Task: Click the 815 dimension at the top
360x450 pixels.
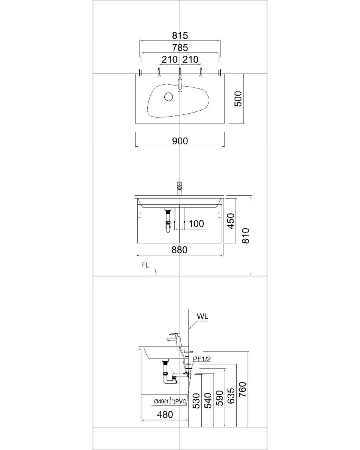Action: [x=180, y=36]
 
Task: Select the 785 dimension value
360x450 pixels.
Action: [x=180, y=48]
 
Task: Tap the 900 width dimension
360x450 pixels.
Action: [x=180, y=141]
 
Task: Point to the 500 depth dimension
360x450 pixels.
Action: [x=238, y=99]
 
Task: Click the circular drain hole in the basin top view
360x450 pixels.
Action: [x=168, y=97]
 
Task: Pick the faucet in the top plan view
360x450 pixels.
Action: [x=180, y=84]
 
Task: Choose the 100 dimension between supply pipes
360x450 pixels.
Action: [x=196, y=224]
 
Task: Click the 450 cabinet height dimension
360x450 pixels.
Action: [x=231, y=221]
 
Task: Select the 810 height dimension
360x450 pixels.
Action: [x=246, y=235]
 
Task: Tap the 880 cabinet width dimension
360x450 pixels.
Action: [x=180, y=250]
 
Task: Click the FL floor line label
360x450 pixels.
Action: [x=145, y=265]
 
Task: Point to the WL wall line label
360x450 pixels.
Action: [x=202, y=316]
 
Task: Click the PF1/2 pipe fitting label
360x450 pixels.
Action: [x=202, y=359]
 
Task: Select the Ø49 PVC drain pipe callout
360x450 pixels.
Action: [x=170, y=401]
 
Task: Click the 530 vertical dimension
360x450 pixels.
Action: [x=196, y=401]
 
